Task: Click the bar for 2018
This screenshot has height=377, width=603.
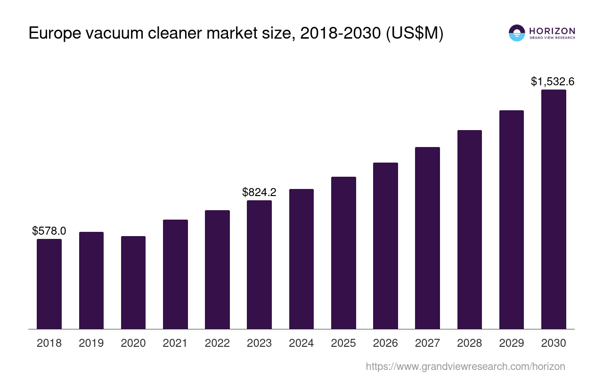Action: pyautogui.click(x=49, y=284)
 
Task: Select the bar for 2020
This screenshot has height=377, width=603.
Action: pyautogui.click(x=133, y=282)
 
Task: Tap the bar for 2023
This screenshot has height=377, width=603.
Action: pyautogui.click(x=259, y=264)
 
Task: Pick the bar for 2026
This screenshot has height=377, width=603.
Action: pyautogui.click(x=385, y=246)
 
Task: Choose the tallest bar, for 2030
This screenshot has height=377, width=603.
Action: pyautogui.click(x=554, y=209)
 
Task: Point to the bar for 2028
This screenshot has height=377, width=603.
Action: pyautogui.click(x=470, y=229)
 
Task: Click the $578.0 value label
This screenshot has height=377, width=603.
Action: pyautogui.click(x=49, y=231)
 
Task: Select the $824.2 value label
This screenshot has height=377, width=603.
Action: pyautogui.click(x=259, y=192)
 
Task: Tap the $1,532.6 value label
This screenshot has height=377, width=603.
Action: pyautogui.click(x=553, y=82)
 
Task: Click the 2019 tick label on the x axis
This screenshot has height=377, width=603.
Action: pyautogui.click(x=91, y=343)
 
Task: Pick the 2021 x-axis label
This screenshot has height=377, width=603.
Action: pyautogui.click(x=175, y=343)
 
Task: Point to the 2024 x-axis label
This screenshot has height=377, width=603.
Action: pyautogui.click(x=301, y=343)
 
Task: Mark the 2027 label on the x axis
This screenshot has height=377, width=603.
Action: pyautogui.click(x=427, y=343)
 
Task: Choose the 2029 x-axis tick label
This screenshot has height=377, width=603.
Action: pyautogui.click(x=512, y=343)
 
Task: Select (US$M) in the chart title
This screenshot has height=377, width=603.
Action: pyautogui.click(x=415, y=34)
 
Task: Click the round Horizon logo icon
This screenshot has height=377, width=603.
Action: pyautogui.click(x=517, y=33)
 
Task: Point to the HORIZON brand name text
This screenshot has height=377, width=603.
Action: pyautogui.click(x=552, y=31)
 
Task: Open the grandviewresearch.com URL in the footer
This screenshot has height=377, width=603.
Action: pyautogui.click(x=465, y=366)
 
